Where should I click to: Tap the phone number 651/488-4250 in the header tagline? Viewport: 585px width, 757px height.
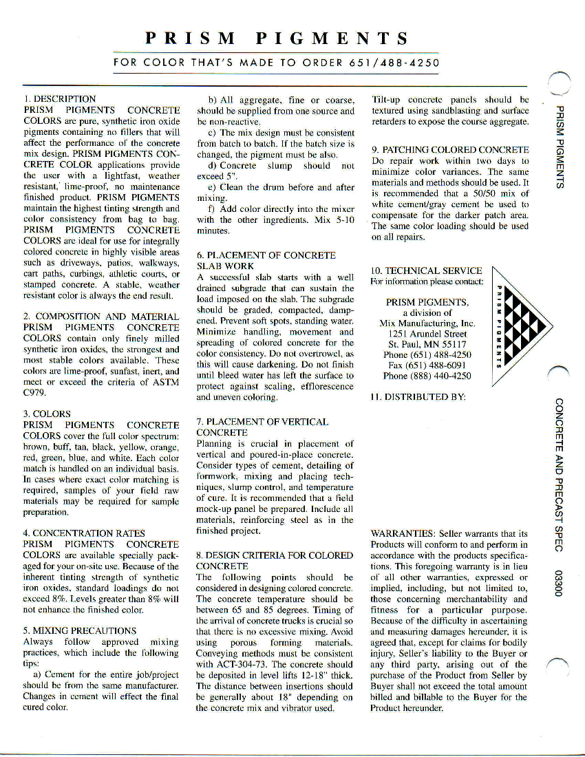(394, 63)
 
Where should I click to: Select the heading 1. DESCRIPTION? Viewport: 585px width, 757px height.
(60, 99)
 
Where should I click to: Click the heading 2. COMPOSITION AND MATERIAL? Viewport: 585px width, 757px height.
(101, 316)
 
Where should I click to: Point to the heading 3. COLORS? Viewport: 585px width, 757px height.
(47, 414)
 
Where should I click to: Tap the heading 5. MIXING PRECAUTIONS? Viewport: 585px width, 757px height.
(80, 630)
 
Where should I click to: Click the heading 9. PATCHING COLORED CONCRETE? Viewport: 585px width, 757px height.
(450, 149)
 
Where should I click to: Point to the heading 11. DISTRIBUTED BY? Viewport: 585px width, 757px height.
(418, 397)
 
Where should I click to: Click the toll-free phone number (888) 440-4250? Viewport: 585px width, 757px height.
(427, 376)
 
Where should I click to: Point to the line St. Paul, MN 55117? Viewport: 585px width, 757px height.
(427, 344)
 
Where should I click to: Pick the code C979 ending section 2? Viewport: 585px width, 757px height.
(35, 392)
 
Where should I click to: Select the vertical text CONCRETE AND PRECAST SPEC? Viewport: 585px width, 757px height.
(562, 474)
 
